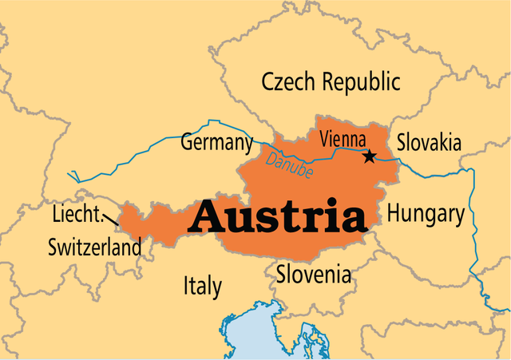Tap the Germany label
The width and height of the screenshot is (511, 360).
[x=216, y=144]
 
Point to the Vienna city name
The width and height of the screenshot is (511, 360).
[x=343, y=139]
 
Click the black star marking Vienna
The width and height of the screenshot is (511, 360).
[x=369, y=156]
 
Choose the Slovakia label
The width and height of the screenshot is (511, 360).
[x=430, y=143]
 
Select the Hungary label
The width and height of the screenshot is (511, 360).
[x=425, y=214]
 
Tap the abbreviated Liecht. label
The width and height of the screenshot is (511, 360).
[x=76, y=216]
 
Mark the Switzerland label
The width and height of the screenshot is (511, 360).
[x=94, y=247]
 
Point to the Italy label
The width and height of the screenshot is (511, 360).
[x=203, y=286]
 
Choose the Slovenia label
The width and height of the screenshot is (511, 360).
[x=313, y=275]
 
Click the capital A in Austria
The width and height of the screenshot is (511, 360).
[x=210, y=216]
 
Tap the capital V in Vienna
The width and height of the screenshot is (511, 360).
[x=324, y=139]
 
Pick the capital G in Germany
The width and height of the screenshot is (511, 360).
[x=187, y=144]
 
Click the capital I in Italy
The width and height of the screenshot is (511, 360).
[x=186, y=286]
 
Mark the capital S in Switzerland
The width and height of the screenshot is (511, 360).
[x=53, y=247]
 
